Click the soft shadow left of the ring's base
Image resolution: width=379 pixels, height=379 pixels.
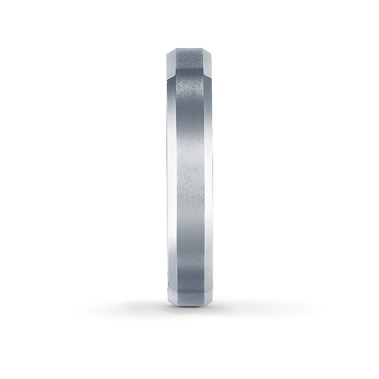(x=148, y=305)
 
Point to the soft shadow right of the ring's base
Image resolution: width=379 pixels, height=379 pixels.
(x=231, y=305)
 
